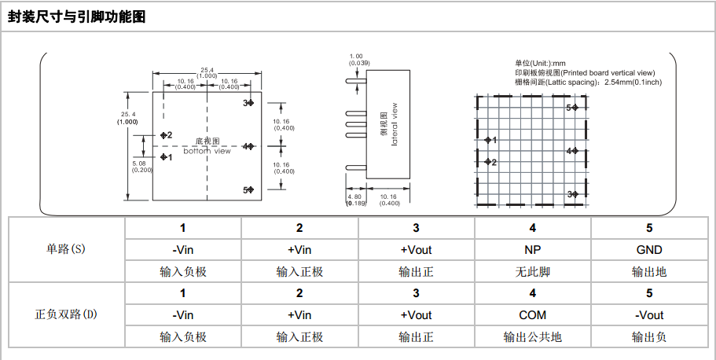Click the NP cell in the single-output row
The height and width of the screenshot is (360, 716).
(533, 250)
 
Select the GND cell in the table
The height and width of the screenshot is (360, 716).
(649, 250)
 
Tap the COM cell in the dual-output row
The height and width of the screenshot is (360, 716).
(533, 315)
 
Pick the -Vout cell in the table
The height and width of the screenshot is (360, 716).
(649, 315)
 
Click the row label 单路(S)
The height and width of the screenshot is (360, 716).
(67, 249)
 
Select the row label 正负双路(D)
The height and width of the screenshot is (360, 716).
(67, 314)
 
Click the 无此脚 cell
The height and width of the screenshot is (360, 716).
(533, 272)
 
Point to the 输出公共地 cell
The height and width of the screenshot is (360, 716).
(533, 337)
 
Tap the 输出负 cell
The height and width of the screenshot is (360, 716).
(649, 337)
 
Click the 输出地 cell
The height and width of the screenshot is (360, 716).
(649, 272)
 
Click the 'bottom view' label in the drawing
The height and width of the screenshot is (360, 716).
(207, 150)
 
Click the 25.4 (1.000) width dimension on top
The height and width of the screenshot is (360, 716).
(207, 72)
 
